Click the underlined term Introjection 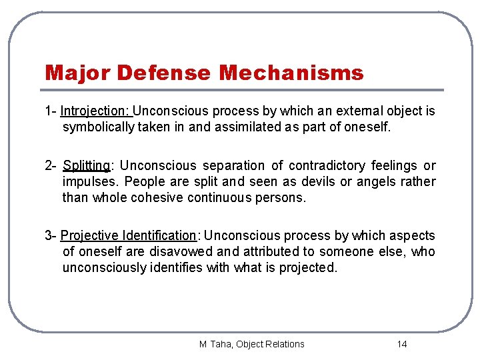point(96,111)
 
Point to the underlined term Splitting point(86,165)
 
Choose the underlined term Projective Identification point(129,235)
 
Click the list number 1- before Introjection point(51,111)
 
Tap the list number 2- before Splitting point(51,165)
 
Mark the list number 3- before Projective point(51,235)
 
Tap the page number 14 point(401,344)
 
